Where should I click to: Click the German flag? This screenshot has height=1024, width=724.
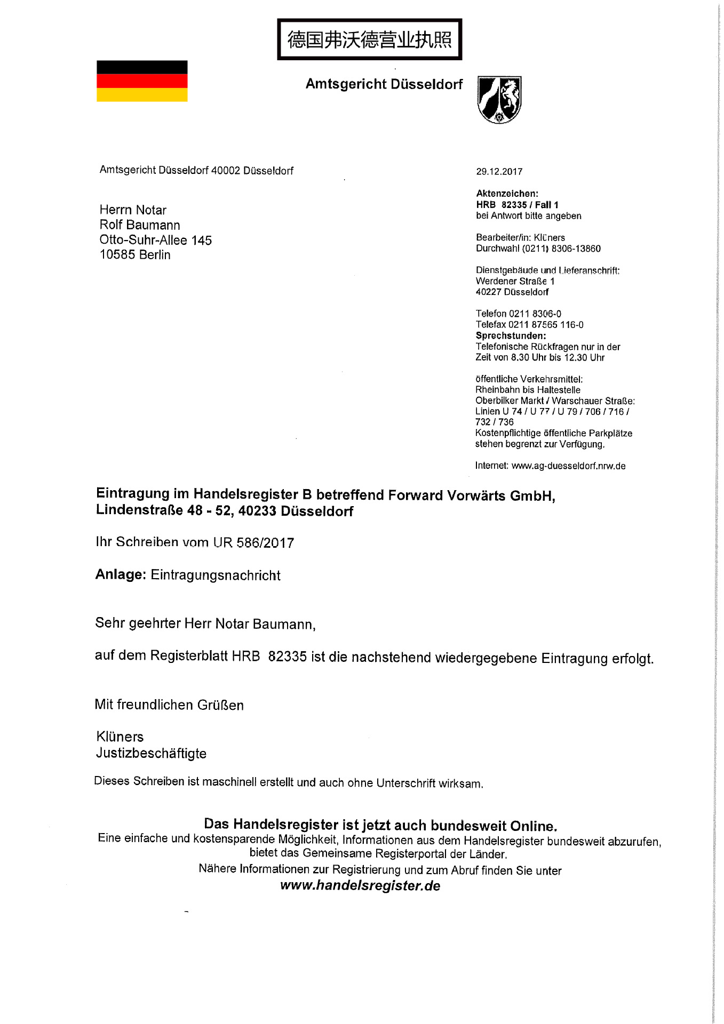142,81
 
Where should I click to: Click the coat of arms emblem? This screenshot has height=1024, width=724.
499,100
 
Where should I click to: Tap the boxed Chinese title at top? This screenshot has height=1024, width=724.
369,39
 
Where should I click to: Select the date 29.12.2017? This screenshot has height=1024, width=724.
499,172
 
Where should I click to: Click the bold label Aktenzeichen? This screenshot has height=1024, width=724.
507,194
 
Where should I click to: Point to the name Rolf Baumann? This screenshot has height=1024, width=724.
140,225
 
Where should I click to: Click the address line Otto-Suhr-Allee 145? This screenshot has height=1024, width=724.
155,240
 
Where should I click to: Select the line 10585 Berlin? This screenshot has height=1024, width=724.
135,255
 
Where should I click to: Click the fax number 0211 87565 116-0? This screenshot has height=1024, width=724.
546,325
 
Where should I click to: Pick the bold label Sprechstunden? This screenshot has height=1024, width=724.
511,336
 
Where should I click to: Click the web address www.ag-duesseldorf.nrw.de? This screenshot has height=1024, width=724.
568,466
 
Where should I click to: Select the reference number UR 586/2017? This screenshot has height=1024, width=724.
253,543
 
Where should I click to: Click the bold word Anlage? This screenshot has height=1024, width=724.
121,574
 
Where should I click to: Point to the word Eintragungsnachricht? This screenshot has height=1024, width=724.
216,575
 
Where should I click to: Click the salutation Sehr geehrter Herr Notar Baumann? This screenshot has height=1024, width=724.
205,623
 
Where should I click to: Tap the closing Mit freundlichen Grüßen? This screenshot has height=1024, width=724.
169,705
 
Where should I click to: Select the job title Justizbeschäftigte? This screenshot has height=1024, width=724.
151,753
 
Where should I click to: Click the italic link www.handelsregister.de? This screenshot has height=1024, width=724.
360,886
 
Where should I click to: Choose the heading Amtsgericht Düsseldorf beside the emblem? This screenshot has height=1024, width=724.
384,84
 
